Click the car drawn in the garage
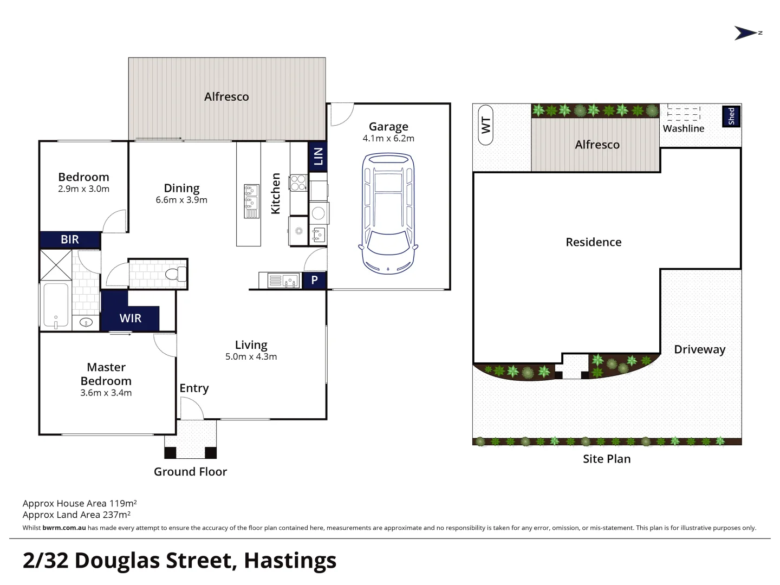388,213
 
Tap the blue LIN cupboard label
317,157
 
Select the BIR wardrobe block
70,239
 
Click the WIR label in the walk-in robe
131,318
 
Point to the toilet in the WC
177,274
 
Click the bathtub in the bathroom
56,305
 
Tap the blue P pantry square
314,280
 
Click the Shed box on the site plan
731,116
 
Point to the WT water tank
485,125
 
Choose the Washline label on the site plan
683,128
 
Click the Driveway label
699,349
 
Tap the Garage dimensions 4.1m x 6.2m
388,138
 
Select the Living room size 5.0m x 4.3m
251,356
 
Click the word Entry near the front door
194,388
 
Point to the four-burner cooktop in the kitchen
298,183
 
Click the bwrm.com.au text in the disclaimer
64,528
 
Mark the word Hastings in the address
290,561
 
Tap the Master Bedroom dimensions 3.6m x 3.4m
106,393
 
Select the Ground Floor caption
190,472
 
